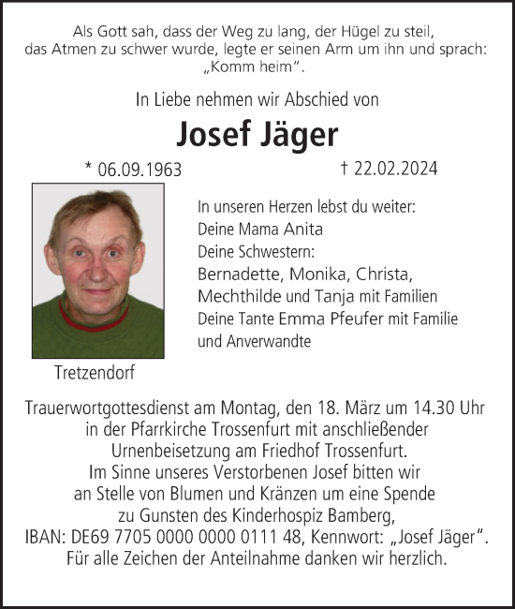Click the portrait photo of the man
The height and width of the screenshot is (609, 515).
tap(98, 271)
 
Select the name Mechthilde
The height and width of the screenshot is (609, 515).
tap(239, 296)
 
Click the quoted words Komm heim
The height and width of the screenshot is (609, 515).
tap(256, 68)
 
